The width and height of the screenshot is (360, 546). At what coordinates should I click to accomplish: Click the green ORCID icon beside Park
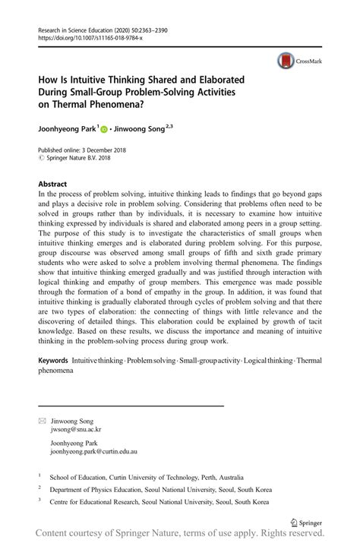tap(104, 130)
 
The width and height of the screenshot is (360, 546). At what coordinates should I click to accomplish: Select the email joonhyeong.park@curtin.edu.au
tap(93, 451)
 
